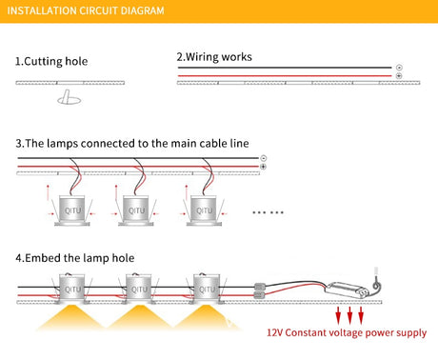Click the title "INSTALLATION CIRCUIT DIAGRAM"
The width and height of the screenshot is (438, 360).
(86, 10)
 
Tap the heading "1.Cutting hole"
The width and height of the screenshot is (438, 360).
(51, 61)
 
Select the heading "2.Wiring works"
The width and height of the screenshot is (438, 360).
(214, 57)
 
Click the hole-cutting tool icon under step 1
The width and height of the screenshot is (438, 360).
(69, 97)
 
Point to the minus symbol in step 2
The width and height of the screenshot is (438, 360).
(399, 68)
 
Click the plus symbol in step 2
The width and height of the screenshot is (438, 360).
(399, 76)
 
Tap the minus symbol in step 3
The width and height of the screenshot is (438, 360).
(263, 158)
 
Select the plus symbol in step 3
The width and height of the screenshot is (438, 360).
(263, 167)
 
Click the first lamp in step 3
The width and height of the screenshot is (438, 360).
(72, 210)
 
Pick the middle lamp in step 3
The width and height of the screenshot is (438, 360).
(136, 210)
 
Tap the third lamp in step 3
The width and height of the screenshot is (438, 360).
(204, 210)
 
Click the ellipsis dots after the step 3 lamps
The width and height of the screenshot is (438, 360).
(268, 212)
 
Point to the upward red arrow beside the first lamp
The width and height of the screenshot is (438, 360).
(48, 192)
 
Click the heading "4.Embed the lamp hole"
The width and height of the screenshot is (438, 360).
(75, 258)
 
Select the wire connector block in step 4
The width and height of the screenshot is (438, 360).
(259, 291)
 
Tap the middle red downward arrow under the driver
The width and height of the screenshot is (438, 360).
(349, 315)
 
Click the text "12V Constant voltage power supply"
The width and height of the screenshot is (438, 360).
(347, 332)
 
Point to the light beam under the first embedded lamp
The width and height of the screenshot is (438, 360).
(71, 317)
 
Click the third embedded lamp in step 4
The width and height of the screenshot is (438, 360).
(207, 289)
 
